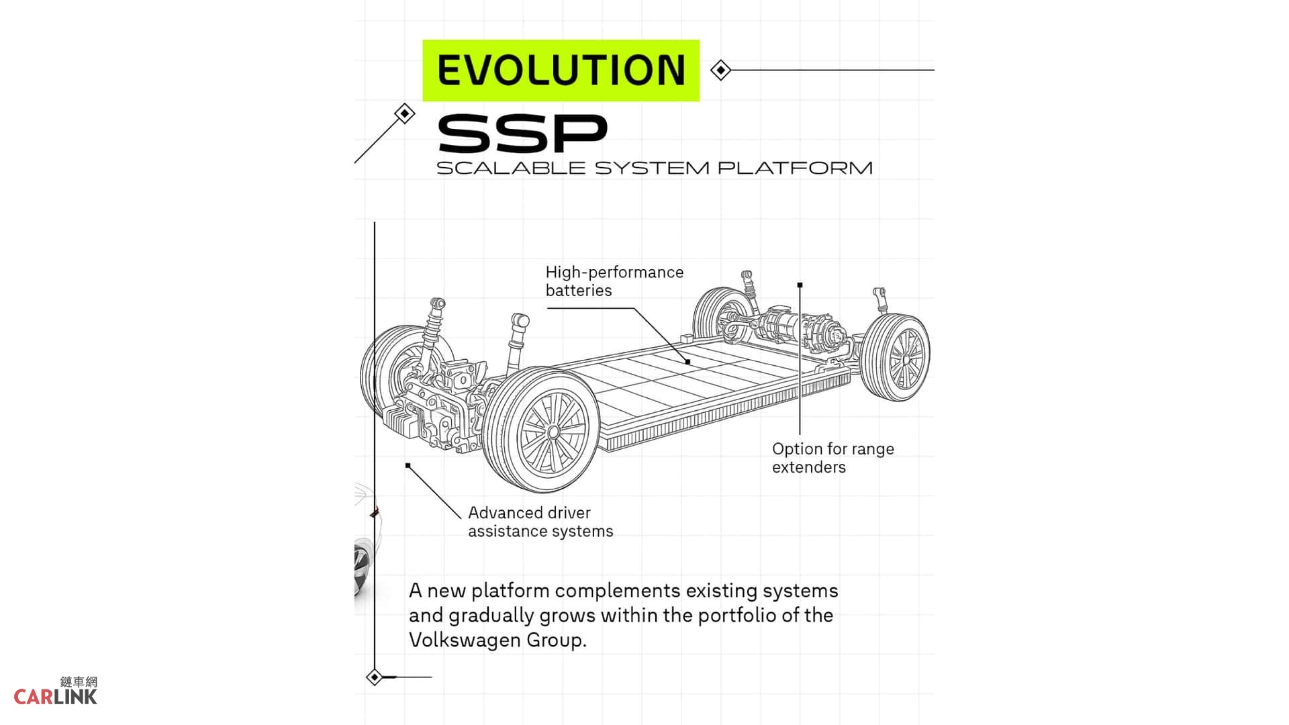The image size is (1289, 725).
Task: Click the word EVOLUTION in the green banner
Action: pos(561,70)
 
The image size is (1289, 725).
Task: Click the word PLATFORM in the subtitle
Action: pos(795,168)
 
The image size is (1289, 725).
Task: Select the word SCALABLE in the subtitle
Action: pos(511,168)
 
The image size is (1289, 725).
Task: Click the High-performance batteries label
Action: pos(614,281)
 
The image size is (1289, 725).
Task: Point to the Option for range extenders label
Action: pos(833,458)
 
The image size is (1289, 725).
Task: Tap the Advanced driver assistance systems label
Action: pos(540,522)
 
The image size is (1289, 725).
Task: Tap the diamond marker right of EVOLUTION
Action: pos(720,70)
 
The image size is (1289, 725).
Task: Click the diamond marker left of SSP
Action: pos(404,113)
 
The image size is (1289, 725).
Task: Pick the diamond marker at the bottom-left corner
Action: pos(375,677)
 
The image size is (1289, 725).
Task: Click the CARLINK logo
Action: pos(56,697)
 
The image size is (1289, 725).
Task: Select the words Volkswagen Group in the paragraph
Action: pos(497,640)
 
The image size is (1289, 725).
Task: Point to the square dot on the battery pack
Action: pos(687,362)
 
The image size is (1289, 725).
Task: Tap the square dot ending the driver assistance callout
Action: pos(408,465)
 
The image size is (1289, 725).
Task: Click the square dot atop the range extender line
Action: pos(800,285)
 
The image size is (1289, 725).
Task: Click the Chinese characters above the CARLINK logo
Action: pos(79,681)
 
